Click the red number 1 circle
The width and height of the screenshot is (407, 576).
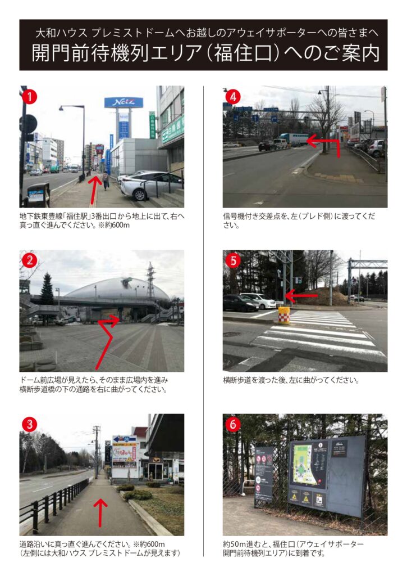tap(30, 97)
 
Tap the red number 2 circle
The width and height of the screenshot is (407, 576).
tap(30, 260)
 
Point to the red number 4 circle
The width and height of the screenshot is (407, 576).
tap(233, 97)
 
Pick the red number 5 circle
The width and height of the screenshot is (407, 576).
tap(233, 260)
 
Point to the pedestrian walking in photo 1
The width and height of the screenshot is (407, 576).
tap(106, 181)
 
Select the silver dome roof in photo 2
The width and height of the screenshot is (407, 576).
tap(117, 290)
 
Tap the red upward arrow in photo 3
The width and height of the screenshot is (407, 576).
tap(100, 513)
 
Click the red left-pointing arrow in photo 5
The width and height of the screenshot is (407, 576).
tap(301, 295)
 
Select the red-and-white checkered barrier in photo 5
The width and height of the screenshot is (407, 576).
tap(284, 316)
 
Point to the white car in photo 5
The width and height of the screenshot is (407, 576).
tap(258, 300)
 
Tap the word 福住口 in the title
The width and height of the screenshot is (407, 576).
tap(244, 53)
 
